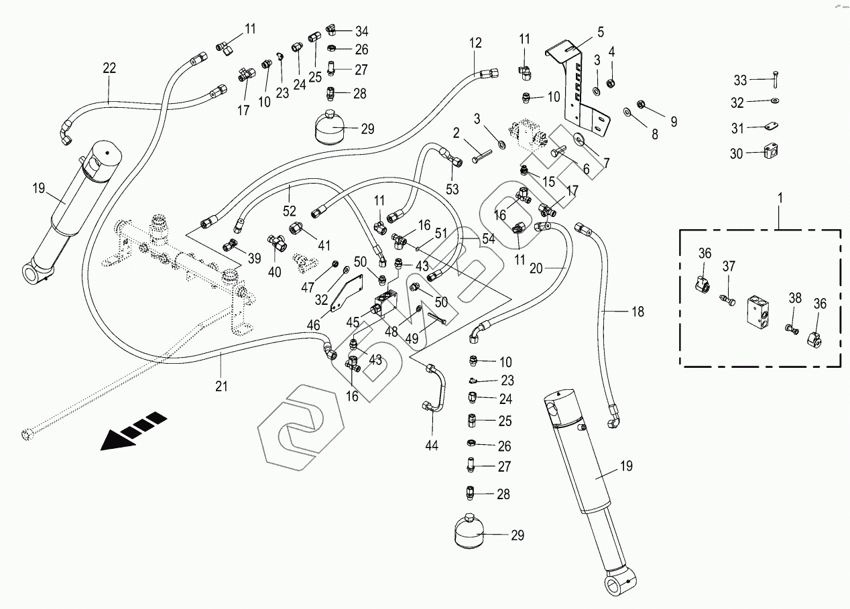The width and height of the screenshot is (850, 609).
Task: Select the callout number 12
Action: (x=475, y=44)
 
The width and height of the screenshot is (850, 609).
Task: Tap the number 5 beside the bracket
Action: (x=600, y=31)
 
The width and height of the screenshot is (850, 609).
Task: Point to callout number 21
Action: (x=221, y=386)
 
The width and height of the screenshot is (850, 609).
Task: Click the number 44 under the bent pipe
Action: (x=432, y=445)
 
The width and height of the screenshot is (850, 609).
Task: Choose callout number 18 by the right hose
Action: (x=637, y=311)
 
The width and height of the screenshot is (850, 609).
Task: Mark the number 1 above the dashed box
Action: (x=778, y=199)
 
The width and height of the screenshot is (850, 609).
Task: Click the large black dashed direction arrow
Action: (x=133, y=430)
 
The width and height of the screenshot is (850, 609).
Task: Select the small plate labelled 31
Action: (x=772, y=126)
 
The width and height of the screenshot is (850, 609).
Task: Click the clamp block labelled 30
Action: (x=770, y=153)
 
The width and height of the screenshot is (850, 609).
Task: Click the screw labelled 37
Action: (x=725, y=297)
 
